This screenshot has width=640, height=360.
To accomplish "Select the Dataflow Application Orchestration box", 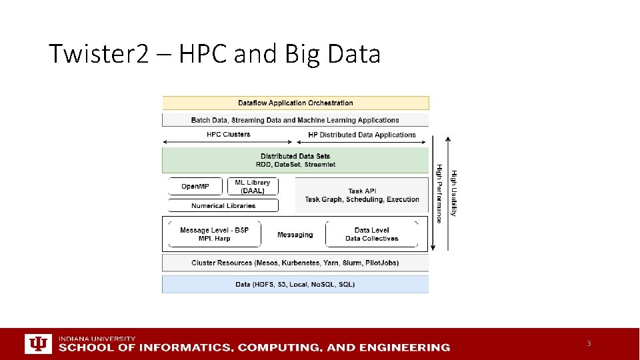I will (295, 103).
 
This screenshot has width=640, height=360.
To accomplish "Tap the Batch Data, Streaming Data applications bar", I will (295, 120).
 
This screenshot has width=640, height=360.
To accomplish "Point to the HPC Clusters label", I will (228, 135).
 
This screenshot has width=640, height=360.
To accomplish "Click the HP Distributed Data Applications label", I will (362, 135).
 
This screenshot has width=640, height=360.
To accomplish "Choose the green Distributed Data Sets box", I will (295, 160).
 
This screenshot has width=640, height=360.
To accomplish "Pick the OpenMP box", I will (195, 186).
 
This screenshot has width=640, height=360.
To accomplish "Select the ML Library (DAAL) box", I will (253, 186).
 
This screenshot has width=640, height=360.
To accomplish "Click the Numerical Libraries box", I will (223, 205).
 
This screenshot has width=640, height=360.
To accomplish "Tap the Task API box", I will (362, 195).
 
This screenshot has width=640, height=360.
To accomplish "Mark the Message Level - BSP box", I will (214, 234).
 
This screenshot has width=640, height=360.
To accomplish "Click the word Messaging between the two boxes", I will (295, 235).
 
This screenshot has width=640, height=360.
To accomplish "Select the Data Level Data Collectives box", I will (371, 234).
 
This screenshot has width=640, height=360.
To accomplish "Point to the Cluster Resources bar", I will (295, 263).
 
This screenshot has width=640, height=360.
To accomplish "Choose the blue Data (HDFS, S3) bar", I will (295, 284).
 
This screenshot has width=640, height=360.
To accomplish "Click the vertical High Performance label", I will (439, 193).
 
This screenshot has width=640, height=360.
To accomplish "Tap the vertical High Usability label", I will (454, 193).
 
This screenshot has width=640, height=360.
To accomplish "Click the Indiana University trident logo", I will (38, 343).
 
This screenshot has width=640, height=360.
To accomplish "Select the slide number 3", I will (589, 343).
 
